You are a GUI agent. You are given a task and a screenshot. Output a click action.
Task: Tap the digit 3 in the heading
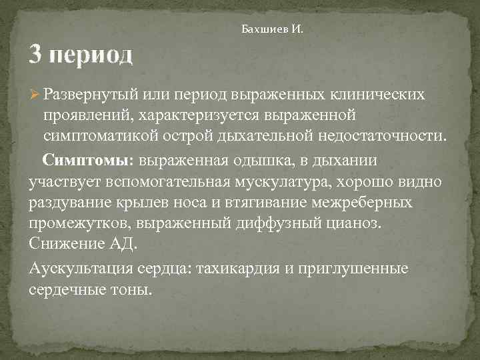point(37,54)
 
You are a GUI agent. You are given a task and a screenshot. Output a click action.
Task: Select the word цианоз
point(355,224)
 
